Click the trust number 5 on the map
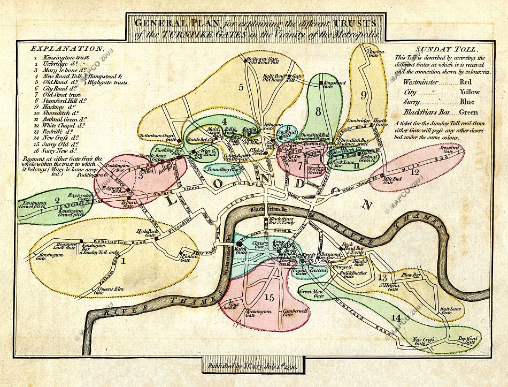[241, 86]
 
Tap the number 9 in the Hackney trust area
[363, 95]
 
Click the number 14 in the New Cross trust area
[395, 318]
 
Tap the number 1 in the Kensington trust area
[124, 261]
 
